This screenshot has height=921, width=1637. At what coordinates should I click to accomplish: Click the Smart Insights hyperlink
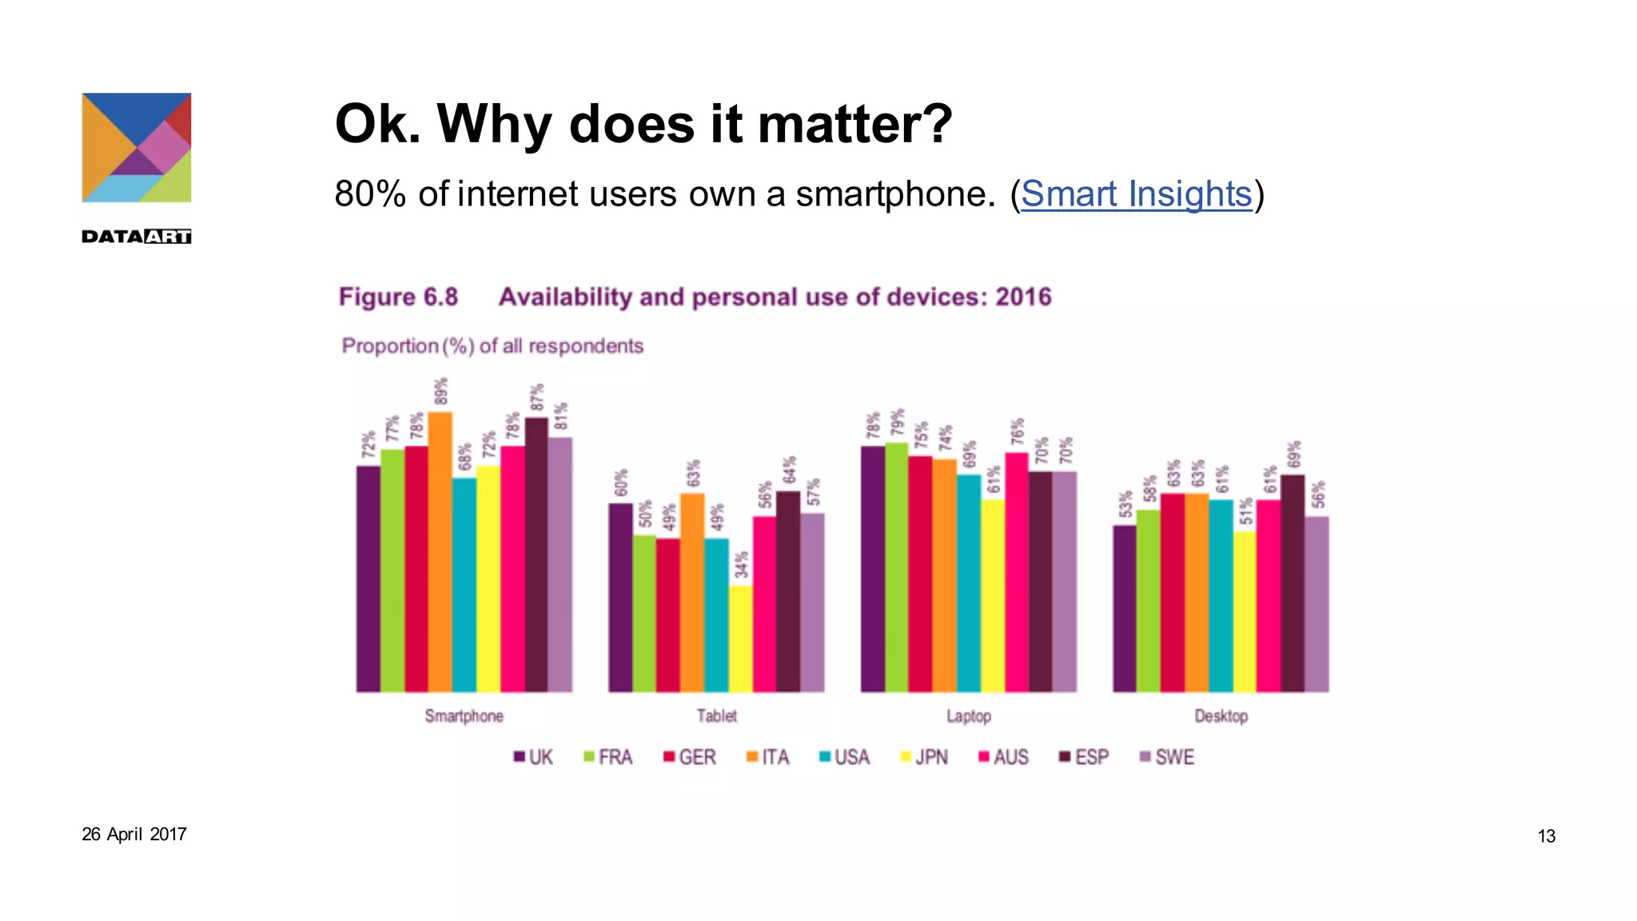tap(1136, 194)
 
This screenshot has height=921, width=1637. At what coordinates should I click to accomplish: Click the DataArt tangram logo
tap(137, 148)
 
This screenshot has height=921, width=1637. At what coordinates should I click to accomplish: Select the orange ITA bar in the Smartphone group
tap(440, 552)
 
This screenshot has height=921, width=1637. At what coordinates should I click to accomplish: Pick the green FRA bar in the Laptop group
tap(897, 568)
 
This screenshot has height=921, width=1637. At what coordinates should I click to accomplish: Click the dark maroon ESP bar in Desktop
tap(1292, 584)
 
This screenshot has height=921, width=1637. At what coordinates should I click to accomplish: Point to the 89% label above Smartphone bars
tap(441, 392)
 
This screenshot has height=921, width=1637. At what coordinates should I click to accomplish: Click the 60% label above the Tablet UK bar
tap(621, 483)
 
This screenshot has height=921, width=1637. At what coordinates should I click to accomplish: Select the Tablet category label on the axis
tap(716, 716)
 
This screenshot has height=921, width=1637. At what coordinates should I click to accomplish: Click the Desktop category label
tap(1221, 716)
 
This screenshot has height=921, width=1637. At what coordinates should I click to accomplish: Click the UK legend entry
tap(533, 757)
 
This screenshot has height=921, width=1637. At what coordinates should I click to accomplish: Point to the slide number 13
tap(1546, 836)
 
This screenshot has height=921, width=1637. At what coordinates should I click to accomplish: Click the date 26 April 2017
tap(134, 834)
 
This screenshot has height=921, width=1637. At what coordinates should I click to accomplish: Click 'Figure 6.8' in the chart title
tap(398, 297)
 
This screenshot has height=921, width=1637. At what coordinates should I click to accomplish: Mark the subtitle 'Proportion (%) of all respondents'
tap(492, 346)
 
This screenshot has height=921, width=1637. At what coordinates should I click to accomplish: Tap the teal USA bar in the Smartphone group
tap(464, 584)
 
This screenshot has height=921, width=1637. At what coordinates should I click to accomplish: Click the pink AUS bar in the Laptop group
tap(1017, 572)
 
